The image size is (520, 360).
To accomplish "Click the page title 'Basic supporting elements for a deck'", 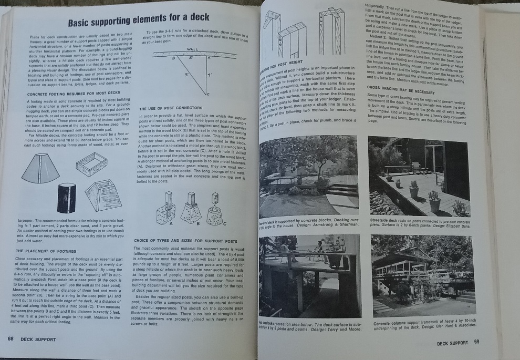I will [139, 23].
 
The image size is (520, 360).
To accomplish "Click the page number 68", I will [11, 339].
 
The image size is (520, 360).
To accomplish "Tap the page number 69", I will [476, 343].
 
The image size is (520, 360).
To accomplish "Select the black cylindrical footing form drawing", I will [67, 198].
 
